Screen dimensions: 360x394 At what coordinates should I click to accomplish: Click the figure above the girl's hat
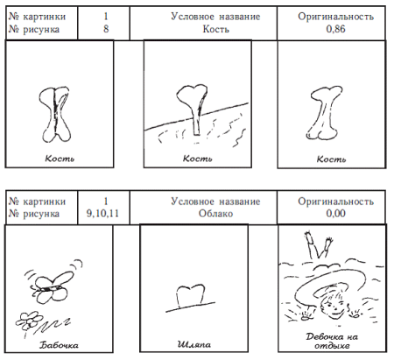[313, 246]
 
